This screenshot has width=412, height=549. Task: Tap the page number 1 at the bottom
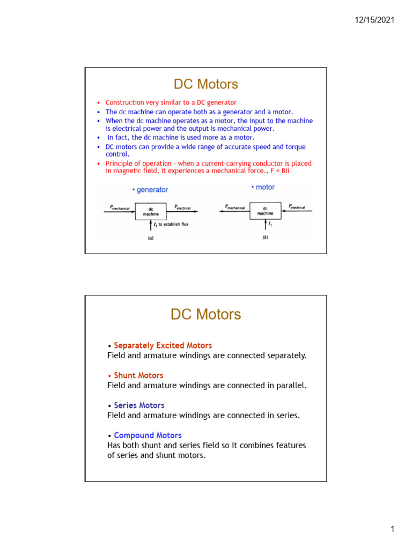[393, 530]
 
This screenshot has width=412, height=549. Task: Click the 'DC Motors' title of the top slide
[205, 84]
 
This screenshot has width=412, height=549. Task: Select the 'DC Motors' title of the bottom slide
[205, 315]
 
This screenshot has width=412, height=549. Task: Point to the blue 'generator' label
[151, 190]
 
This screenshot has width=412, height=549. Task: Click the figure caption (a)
[151, 239]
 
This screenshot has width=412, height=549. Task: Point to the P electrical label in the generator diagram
[185, 206]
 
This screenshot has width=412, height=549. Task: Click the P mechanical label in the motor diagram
[234, 206]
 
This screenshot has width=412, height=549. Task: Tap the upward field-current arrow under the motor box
[265, 225]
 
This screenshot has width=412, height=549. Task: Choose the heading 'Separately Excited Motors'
[163, 345]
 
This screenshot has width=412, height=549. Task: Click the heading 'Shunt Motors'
[138, 375]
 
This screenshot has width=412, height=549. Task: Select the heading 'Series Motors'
[139, 405]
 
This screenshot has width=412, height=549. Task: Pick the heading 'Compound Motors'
[148, 435]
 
